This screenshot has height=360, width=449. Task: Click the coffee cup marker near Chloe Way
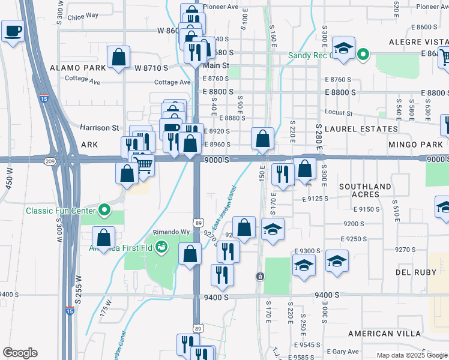tap(13, 31)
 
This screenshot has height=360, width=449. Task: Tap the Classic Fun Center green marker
tap(105, 210)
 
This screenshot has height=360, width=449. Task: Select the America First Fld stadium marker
tap(161, 246)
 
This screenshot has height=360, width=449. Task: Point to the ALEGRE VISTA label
tap(418, 42)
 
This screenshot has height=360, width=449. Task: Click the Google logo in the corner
tap(20, 353)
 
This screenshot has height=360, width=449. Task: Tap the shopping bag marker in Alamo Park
tap(119, 58)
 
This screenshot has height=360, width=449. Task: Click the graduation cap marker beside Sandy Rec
tap(343, 49)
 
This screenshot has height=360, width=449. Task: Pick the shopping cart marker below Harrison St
tap(143, 163)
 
